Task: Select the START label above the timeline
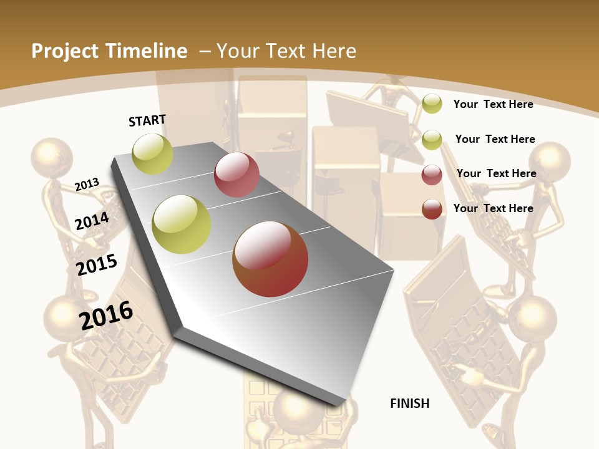[147, 120]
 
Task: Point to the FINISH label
[409, 403]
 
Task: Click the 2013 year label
[87, 184]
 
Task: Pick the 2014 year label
[92, 221]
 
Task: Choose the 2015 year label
[97, 264]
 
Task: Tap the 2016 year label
[106, 316]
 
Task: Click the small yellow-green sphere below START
[153, 153]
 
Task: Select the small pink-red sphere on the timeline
[236, 175]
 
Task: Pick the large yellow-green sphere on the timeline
[182, 224]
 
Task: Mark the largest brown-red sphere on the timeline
[270, 259]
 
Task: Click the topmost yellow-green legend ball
[432, 104]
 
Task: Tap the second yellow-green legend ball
[432, 140]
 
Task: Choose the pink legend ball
[432, 175]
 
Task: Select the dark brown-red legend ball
[432, 209]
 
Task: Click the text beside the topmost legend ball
[493, 104]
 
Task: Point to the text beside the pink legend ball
[496, 173]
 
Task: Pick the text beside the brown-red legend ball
[493, 208]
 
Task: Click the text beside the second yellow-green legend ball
[495, 139]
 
